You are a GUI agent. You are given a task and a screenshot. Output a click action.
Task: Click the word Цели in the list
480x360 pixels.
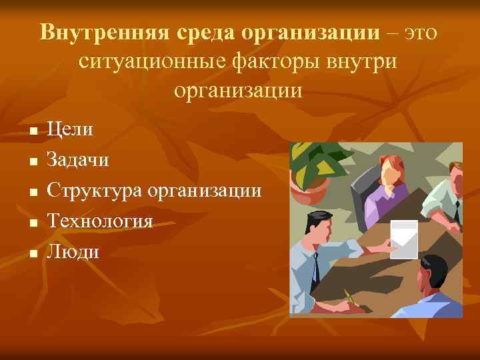[70, 129]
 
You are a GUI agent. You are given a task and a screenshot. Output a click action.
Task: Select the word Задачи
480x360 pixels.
[78, 159]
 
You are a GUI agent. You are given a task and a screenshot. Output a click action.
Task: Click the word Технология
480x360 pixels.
[100, 221]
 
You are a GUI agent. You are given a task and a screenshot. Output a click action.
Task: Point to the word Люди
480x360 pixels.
[73, 251]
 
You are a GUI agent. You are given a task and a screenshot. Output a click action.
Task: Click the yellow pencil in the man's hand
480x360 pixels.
[349, 297]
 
